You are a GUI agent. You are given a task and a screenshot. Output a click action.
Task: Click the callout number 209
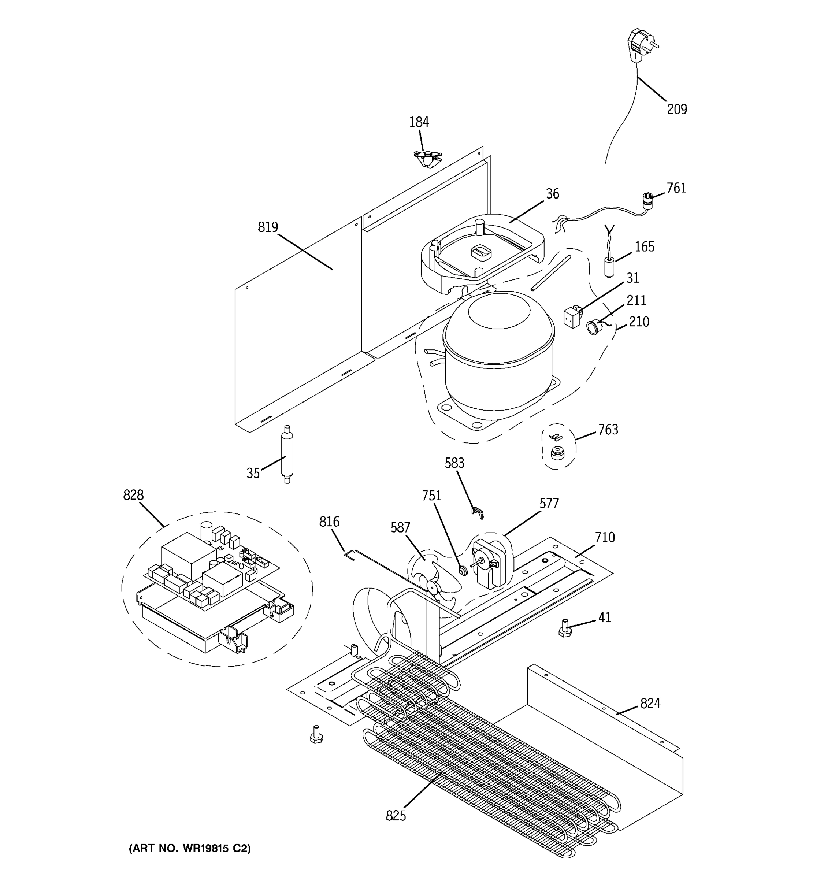pyautogui.click(x=676, y=109)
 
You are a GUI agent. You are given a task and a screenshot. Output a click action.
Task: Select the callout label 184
pyautogui.click(x=419, y=122)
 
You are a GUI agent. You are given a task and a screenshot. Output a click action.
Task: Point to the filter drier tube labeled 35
pyautogui.click(x=287, y=454)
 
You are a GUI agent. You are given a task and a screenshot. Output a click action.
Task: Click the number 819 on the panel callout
pyautogui.click(x=268, y=227)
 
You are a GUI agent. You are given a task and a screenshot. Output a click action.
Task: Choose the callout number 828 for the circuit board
pyautogui.click(x=133, y=495)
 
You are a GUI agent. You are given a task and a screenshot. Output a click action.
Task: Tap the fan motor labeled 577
pyautogui.click(x=489, y=563)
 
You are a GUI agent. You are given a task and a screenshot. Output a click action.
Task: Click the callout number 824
pyautogui.click(x=650, y=703)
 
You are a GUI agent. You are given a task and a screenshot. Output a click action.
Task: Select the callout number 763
pyautogui.click(x=608, y=430)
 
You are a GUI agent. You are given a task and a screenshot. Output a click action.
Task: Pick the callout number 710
pyautogui.click(x=604, y=538)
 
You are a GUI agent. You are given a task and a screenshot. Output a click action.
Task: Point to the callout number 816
pyautogui.click(x=329, y=522)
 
